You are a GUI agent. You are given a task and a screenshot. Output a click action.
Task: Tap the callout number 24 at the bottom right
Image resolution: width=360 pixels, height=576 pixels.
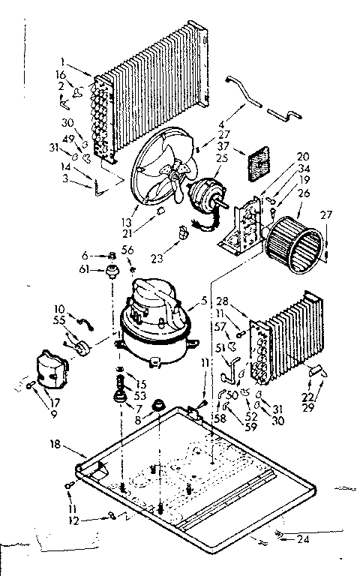[302, 538]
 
